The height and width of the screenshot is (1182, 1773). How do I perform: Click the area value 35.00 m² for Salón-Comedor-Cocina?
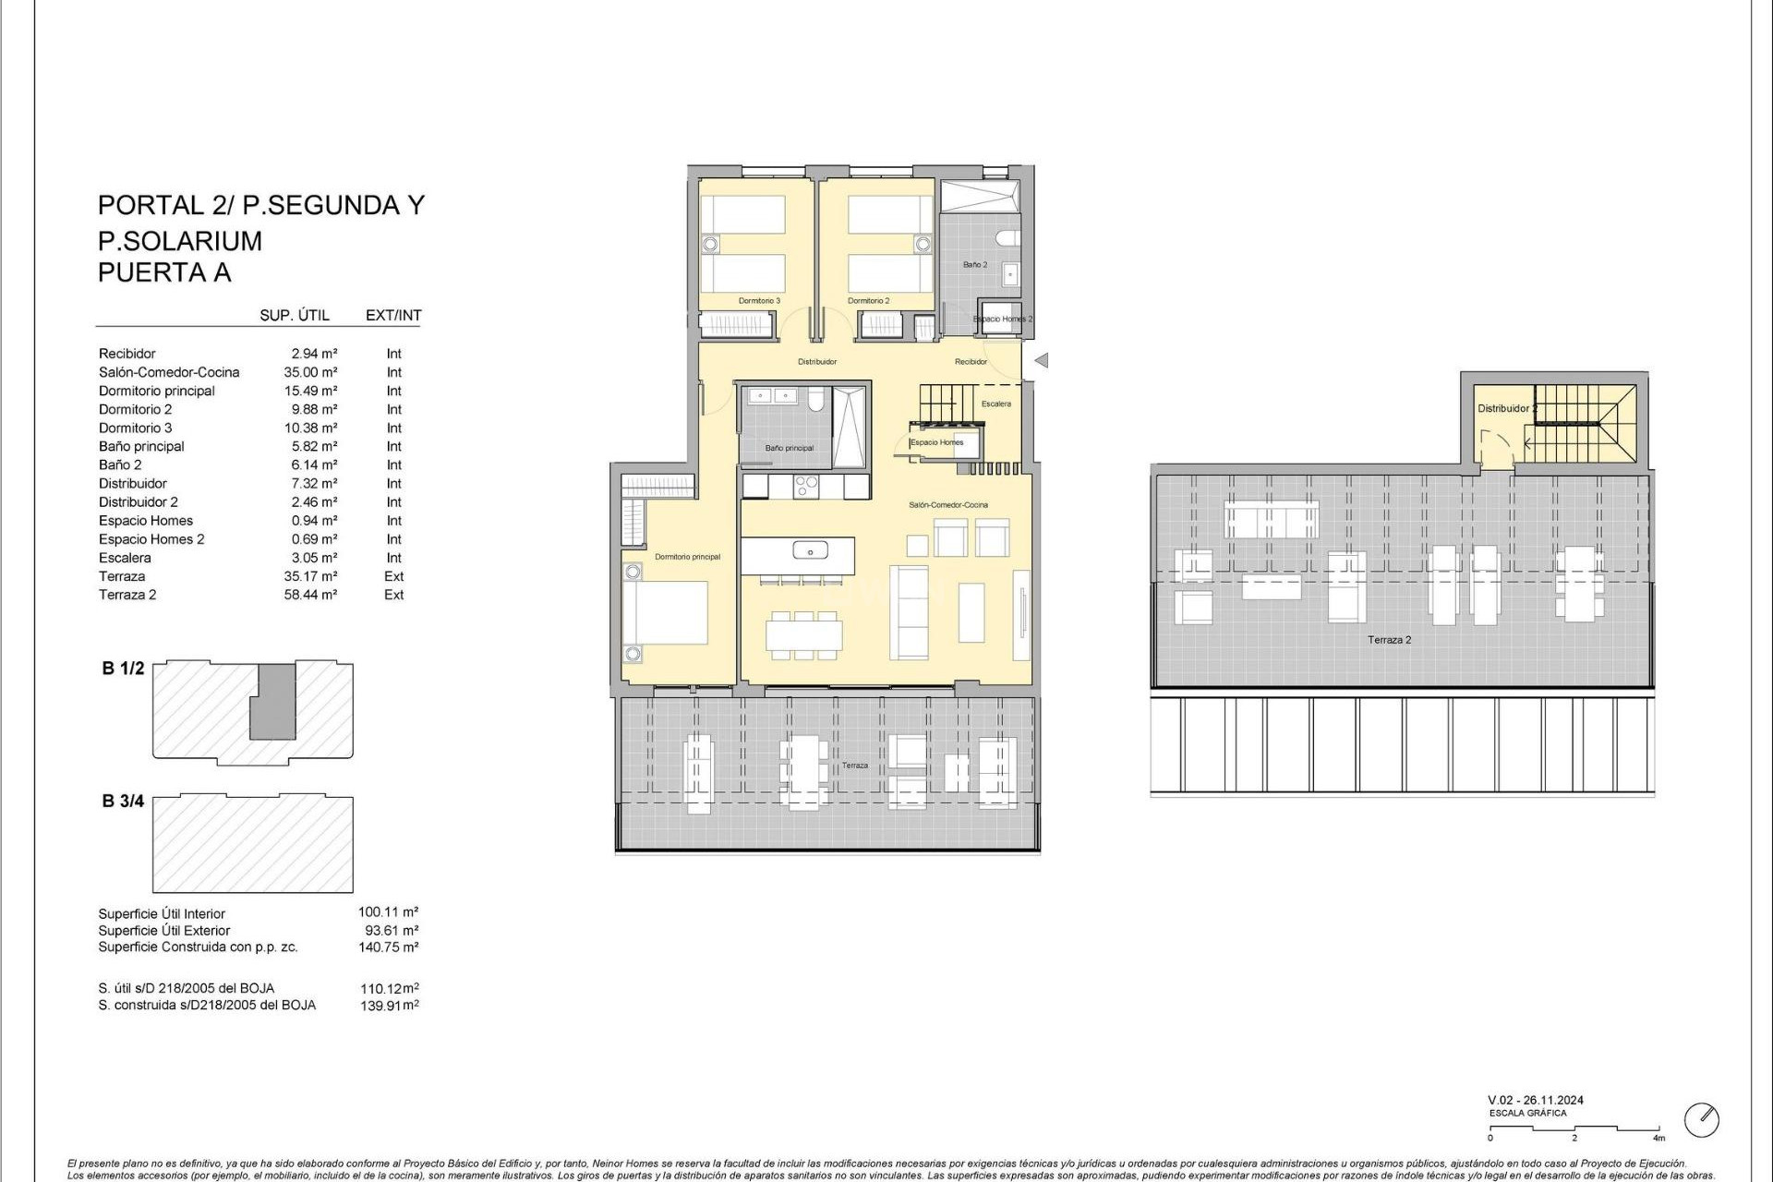tap(310, 372)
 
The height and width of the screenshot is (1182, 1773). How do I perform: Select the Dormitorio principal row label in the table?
tap(157, 391)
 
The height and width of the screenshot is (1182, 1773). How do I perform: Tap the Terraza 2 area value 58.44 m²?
tap(310, 595)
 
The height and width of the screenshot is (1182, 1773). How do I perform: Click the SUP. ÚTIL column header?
tap(295, 315)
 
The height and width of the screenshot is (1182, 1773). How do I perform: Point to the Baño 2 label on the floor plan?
tap(975, 265)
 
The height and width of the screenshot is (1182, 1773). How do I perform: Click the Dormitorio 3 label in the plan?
tap(759, 301)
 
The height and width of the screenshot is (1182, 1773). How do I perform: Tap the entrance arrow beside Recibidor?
tap(1042, 361)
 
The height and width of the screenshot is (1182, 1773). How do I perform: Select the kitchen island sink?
tap(810, 551)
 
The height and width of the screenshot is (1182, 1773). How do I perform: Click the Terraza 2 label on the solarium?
tap(1390, 640)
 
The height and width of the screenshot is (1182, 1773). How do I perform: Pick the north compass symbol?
tap(1701, 1120)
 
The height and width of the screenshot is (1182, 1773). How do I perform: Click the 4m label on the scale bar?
tap(1659, 1139)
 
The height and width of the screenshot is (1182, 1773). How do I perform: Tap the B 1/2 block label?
tap(123, 669)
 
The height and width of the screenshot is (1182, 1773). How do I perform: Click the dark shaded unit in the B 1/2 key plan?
tap(274, 702)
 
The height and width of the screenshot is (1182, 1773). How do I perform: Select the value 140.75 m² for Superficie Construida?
tap(388, 947)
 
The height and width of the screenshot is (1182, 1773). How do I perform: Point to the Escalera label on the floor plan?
tap(996, 404)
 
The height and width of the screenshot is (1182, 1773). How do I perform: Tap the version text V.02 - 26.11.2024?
tap(1536, 1101)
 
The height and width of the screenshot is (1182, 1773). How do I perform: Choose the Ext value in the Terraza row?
tap(394, 576)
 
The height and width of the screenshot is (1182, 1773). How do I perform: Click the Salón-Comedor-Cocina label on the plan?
tap(948, 505)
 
